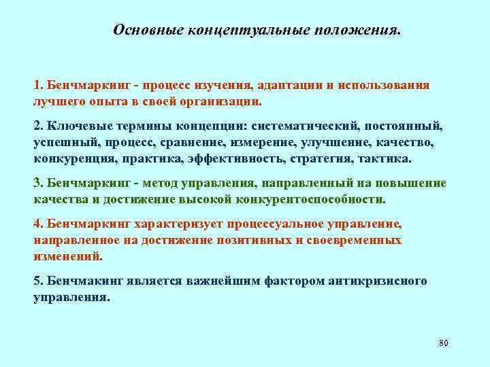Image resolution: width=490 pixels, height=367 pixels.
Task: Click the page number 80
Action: pos(444,343)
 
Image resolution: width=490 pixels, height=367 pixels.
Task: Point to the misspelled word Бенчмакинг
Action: pos(76,281)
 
